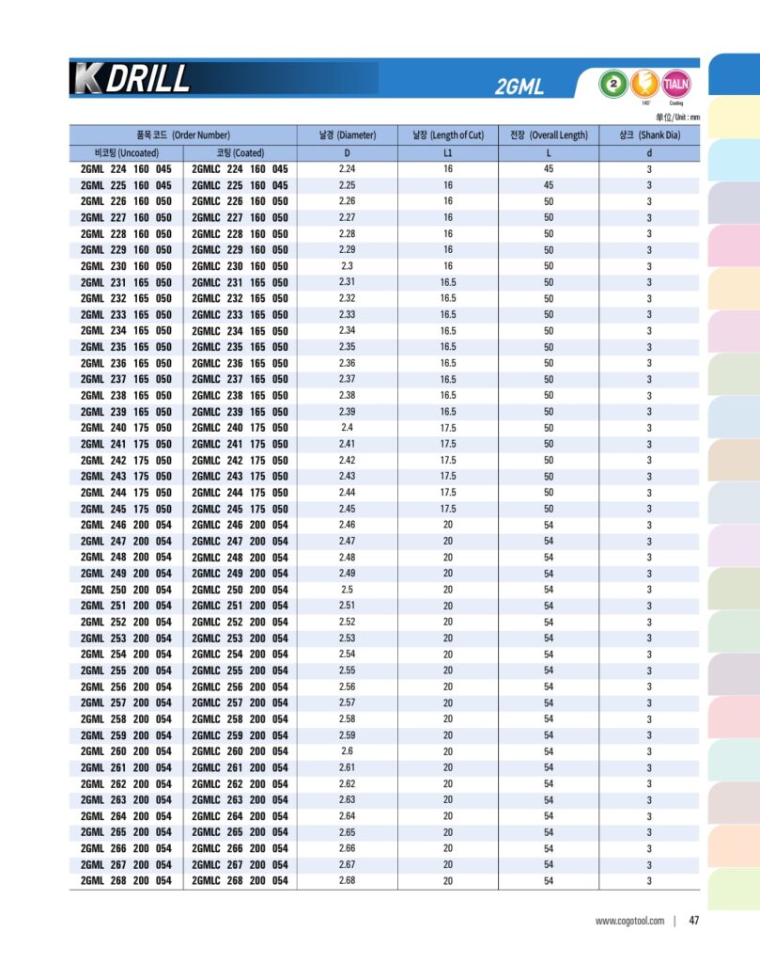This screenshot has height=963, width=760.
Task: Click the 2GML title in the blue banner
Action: pyautogui.click(x=519, y=88)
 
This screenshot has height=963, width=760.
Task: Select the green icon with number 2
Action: pyautogui.click(x=613, y=84)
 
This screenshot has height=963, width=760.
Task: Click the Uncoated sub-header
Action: pyautogui.click(x=127, y=152)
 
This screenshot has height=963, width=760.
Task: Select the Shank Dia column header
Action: pyautogui.click(x=649, y=135)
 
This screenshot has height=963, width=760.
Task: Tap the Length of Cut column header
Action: pyautogui.click(x=448, y=135)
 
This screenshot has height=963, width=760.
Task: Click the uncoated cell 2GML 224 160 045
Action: pyautogui.click(x=126, y=169)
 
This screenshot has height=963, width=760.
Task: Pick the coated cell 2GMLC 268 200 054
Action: pyautogui.click(x=240, y=881)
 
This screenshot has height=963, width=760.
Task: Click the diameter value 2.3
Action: pyautogui.click(x=347, y=266)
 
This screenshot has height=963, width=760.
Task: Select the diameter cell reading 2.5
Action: pyautogui.click(x=347, y=590)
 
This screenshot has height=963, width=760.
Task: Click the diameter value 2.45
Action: pyautogui.click(x=347, y=509)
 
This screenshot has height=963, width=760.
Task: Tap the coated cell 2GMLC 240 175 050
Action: pyautogui.click(x=240, y=428)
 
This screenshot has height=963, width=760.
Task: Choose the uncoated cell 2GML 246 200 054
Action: pyautogui.click(x=126, y=525)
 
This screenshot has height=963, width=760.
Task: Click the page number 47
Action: pyautogui.click(x=694, y=921)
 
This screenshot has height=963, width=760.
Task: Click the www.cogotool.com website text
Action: pyautogui.click(x=629, y=921)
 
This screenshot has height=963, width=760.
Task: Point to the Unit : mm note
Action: pyautogui.click(x=677, y=117)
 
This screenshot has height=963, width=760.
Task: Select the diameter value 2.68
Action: pyautogui.click(x=347, y=881)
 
